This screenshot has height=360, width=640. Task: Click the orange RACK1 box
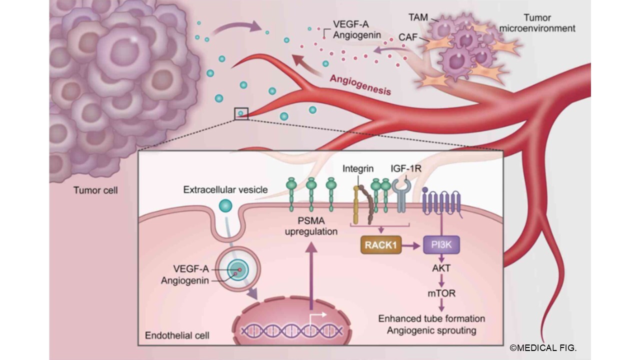coord(380,245)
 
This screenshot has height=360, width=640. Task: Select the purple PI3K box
coord(441,245)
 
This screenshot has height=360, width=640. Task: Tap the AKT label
coord(441,268)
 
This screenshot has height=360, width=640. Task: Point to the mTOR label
coord(441,293)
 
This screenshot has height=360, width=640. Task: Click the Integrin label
coord(358,169)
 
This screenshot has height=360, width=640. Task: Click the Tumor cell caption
coord(95,190)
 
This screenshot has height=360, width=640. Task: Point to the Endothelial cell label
coord(176,334)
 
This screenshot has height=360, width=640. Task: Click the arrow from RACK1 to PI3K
coord(412,245)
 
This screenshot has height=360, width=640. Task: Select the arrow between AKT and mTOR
coord(441,280)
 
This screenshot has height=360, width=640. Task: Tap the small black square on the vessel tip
coord(241,113)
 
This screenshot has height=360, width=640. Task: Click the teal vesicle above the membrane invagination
coord(225,205)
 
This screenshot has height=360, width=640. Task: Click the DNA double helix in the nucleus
coord(292,330)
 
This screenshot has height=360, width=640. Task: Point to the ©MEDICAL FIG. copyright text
coord(543,348)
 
